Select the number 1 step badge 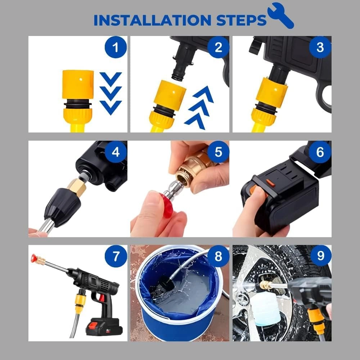tap(115, 48)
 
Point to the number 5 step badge tap(218, 152)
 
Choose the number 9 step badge tap(320, 256)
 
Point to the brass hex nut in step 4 tap(76, 186)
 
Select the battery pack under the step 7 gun tap(103, 324)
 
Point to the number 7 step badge tap(116, 256)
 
